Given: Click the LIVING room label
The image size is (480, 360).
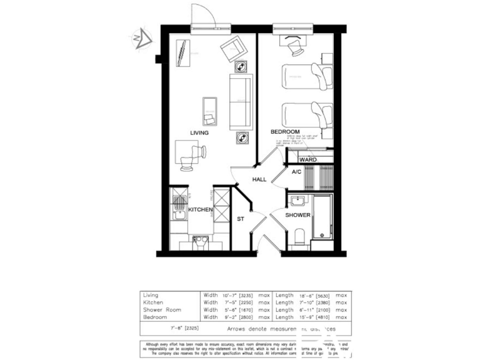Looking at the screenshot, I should (x=199, y=132).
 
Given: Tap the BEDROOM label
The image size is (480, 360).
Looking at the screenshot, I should (x=285, y=132).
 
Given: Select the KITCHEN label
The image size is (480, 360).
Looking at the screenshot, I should (x=201, y=209).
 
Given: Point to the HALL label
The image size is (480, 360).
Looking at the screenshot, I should (x=259, y=179).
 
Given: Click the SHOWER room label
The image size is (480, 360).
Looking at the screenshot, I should (x=298, y=215).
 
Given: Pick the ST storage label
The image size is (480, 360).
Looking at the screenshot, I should (x=240, y=219).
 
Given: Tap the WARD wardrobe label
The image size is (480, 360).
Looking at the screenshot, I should (x=308, y=160).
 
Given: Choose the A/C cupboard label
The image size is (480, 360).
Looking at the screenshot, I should (x=297, y=172).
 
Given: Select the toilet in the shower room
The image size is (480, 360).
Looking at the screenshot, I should (x=298, y=236).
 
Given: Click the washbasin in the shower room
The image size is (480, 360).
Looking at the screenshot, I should (x=297, y=201).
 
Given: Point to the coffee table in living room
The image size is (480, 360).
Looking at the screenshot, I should (x=209, y=111).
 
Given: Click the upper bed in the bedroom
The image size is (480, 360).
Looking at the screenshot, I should (x=306, y=76).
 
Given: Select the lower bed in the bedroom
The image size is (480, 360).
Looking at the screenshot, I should (x=306, y=115).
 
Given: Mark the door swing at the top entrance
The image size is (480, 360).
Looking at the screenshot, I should (x=205, y=15).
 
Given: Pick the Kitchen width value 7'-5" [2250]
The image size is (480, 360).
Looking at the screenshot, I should (x=240, y=302).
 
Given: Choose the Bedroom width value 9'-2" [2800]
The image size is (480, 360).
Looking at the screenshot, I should (x=240, y=317).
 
